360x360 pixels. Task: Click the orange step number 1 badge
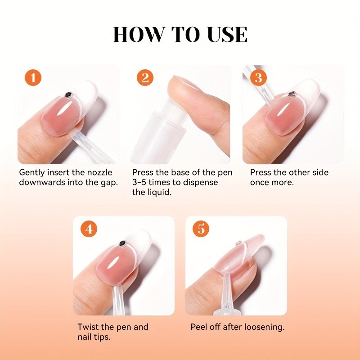33,77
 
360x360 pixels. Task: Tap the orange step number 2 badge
145,77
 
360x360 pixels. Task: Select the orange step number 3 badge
258,77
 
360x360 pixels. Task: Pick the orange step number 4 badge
89,229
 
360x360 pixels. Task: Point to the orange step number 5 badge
201,229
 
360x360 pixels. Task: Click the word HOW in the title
139,35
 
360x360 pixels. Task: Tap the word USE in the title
227,35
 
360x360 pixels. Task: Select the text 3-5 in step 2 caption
139,182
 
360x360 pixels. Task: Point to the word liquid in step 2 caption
162,192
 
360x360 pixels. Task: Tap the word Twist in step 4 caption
87,327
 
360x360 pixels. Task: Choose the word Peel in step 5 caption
199,327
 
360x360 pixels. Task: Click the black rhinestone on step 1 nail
68,95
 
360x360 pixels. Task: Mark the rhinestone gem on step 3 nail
292,94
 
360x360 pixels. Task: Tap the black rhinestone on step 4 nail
123,244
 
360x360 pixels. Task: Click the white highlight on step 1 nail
63,109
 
